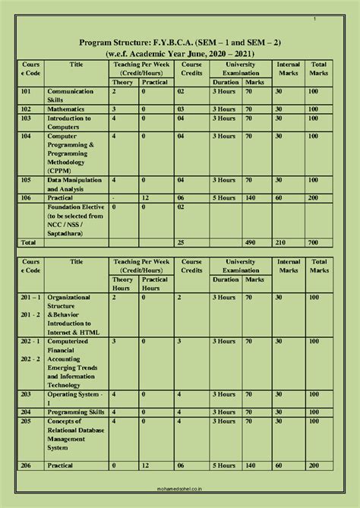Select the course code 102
(27, 109)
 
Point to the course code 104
(27, 137)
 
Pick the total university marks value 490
(252, 241)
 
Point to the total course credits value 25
(181, 241)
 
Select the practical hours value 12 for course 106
(144, 198)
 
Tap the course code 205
(27, 421)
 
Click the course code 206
(27, 465)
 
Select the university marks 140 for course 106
(252, 198)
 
